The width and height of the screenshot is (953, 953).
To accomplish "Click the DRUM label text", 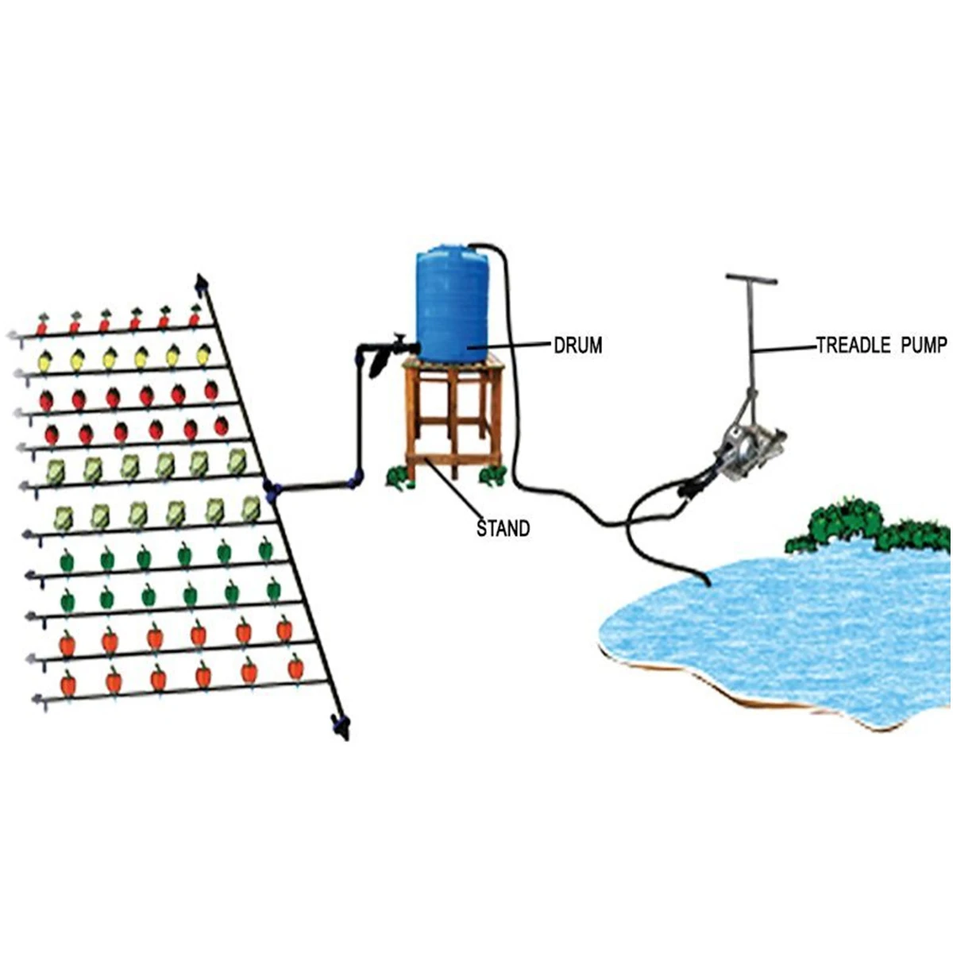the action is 578,345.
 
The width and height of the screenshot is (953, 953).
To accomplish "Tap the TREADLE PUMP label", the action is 882,345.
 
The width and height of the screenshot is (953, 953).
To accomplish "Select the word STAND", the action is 503,528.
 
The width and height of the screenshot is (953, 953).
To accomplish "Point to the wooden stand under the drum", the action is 453,413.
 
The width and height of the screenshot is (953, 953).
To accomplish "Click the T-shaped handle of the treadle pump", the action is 750,280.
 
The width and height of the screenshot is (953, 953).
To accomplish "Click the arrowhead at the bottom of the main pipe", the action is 342,727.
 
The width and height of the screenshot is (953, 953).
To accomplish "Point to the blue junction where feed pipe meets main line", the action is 272,491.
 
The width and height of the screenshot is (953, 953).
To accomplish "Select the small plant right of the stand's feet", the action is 493,476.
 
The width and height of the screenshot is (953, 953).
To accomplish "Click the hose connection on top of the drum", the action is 476,245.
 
